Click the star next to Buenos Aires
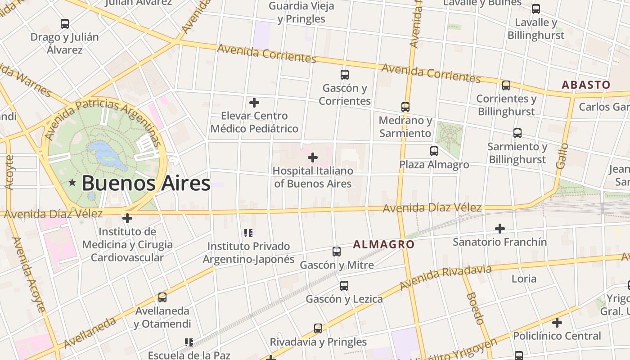(72, 183)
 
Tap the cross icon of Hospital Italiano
(313, 157)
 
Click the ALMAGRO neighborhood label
(383, 244)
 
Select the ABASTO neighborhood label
(586, 85)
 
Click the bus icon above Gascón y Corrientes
(345, 75)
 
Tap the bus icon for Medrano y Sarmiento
(405, 107)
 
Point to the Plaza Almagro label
(434, 165)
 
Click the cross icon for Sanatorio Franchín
(499, 229)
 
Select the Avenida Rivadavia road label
(445, 277)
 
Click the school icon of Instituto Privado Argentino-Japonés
(248, 233)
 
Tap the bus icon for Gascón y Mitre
(337, 252)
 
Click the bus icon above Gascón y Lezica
(344, 286)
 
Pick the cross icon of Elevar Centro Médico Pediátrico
(254, 103)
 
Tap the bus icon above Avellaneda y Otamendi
(162, 297)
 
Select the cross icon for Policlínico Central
(557, 323)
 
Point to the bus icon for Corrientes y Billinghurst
(506, 85)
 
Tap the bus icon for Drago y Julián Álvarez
(65, 24)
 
